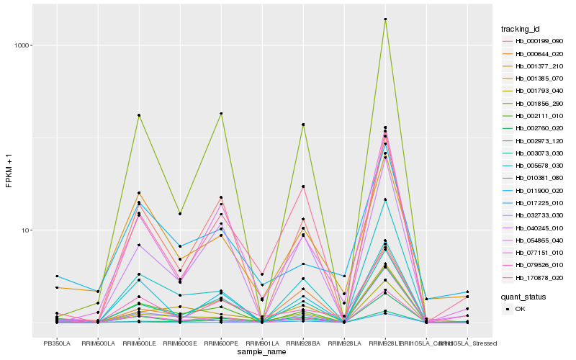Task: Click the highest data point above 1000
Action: click(385, 19)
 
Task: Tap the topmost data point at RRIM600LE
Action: click(138, 115)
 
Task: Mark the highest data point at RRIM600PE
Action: click(221, 113)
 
